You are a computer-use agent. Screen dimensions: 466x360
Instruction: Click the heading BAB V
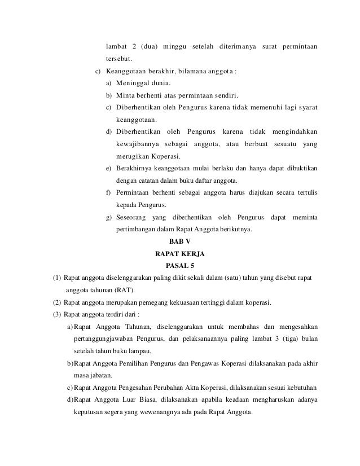point(180,241)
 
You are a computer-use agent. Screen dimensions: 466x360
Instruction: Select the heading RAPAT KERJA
point(179,253)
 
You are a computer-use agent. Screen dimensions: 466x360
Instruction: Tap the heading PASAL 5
point(180,265)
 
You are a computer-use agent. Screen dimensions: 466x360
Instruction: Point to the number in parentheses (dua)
point(149,45)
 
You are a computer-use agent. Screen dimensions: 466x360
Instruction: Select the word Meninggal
point(137,83)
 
